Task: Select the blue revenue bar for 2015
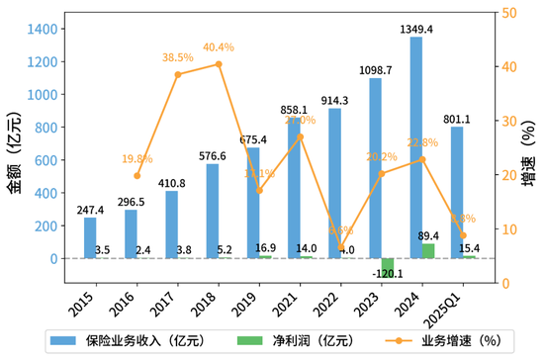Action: pos(90,238)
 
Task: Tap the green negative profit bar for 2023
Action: pos(388,268)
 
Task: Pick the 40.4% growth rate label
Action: pos(219,46)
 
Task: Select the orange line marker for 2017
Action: pos(178,75)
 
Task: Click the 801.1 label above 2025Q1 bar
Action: pos(457,118)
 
